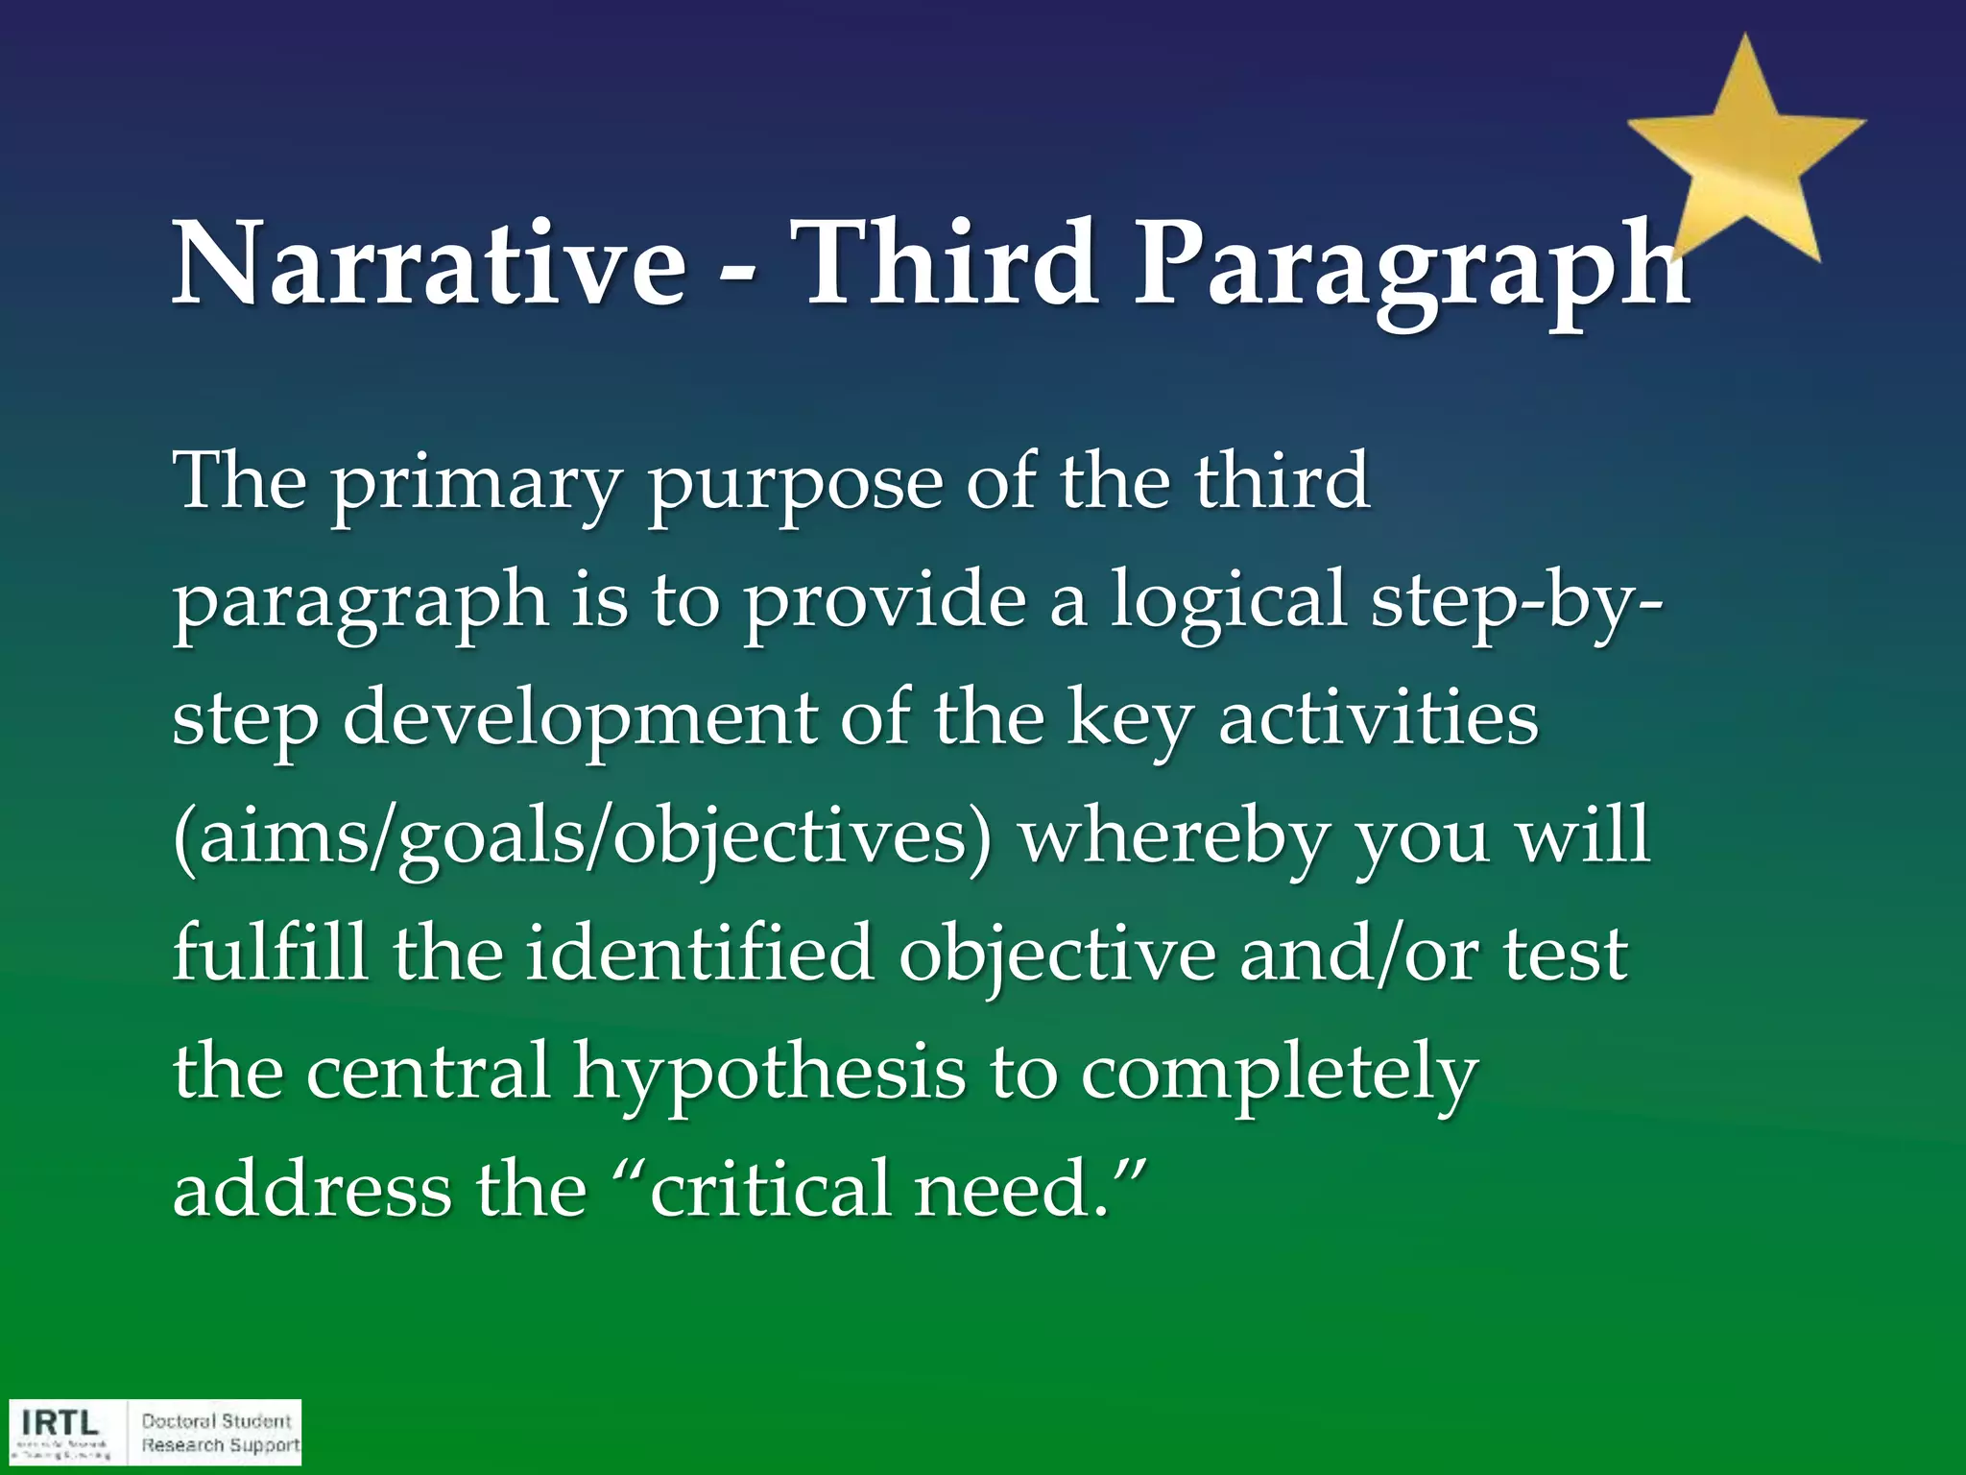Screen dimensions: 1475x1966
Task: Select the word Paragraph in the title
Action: (1411, 269)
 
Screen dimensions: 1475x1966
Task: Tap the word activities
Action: (1378, 718)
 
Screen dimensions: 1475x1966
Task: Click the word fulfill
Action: (270, 953)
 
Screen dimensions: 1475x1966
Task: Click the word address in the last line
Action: (312, 1189)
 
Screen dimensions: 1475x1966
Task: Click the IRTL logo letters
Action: (60, 1422)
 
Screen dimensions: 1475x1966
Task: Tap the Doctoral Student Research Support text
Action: (220, 1433)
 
